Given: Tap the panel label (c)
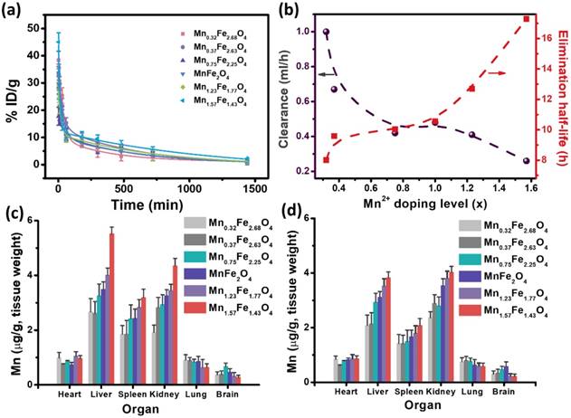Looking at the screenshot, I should (x=13, y=214).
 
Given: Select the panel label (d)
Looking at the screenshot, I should (x=295, y=214).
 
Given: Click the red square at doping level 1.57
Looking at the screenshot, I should (x=527, y=19).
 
